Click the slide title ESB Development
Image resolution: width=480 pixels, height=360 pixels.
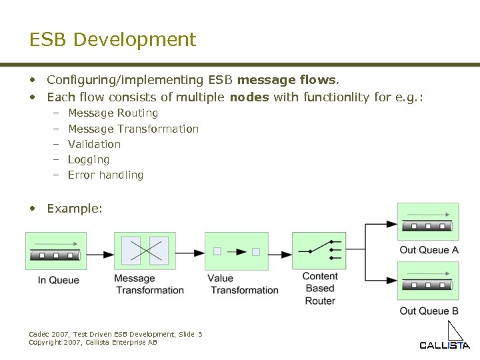tap(113, 39)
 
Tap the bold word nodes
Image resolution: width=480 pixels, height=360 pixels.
tap(249, 97)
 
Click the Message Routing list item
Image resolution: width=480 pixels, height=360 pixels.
tap(113, 113)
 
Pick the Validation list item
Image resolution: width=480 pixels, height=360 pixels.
tap(94, 144)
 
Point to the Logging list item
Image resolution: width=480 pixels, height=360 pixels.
tap(89, 159)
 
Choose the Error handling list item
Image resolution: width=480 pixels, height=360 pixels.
tap(105, 175)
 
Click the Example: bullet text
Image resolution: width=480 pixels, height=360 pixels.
tap(75, 209)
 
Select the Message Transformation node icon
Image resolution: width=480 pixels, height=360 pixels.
tap(145, 251)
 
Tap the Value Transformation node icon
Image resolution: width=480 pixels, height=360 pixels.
tap(236, 251)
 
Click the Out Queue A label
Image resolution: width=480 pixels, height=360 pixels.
tap(429, 250)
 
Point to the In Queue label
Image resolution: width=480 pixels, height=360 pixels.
tap(58, 280)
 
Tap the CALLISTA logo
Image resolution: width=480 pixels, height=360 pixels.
tap(445, 339)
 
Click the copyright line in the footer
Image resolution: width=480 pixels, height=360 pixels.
tap(93, 342)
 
